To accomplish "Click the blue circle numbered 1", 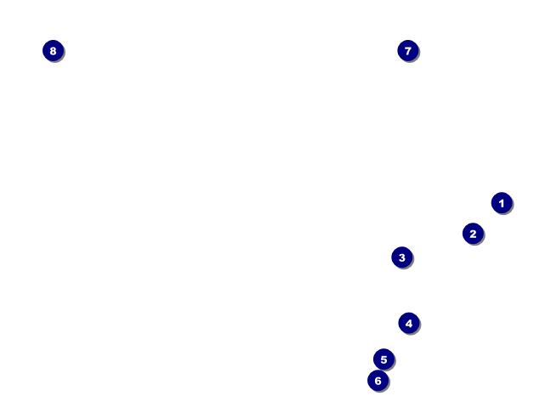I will click(x=502, y=203).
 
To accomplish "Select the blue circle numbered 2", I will click(x=473, y=234).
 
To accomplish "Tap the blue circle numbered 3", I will click(x=402, y=257).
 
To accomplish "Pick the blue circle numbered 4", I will click(x=409, y=323).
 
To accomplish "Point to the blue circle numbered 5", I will click(x=383, y=359).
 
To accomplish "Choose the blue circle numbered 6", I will click(x=378, y=381).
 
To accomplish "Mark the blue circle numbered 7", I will click(x=408, y=51).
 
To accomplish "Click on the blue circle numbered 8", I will click(x=53, y=51).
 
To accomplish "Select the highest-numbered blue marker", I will click(x=53, y=51).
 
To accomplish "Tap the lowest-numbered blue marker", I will click(x=502, y=203).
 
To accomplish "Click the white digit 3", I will click(x=402, y=257).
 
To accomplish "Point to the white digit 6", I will click(x=378, y=381).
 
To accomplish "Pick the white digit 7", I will click(x=408, y=51).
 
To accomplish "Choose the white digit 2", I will click(x=473, y=234).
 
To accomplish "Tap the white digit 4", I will click(x=409, y=323).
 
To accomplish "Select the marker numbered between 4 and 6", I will click(x=383, y=359).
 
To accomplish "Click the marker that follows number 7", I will click(x=53, y=51).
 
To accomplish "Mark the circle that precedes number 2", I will click(x=502, y=203).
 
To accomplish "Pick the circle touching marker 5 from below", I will click(x=378, y=381).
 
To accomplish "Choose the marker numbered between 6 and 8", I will click(x=408, y=51).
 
